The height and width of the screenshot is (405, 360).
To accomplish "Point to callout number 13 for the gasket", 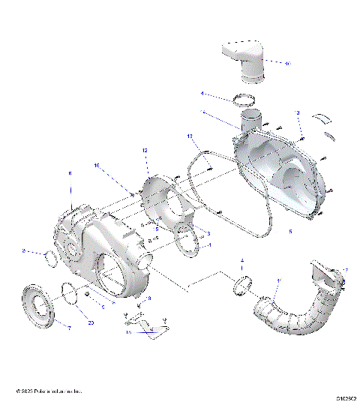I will tap(190, 136).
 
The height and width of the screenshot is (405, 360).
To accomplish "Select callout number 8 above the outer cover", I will tap(70, 173).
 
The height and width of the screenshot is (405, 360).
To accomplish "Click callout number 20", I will tap(91, 322).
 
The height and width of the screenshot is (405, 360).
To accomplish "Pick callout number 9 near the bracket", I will tap(149, 298).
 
